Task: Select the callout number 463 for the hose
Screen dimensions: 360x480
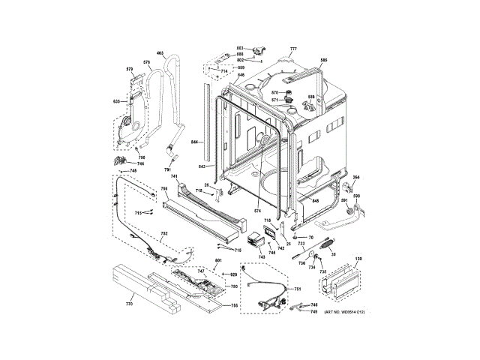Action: tap(160, 53)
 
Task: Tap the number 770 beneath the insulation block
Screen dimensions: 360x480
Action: tap(129, 304)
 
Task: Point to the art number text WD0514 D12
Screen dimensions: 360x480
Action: tap(344, 312)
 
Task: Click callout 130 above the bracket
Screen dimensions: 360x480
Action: tap(358, 259)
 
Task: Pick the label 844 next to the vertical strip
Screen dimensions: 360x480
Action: tap(193, 142)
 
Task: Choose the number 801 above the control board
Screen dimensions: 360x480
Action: tap(219, 259)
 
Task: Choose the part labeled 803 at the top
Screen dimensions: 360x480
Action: tap(262, 51)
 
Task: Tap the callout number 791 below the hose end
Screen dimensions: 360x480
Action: tap(168, 172)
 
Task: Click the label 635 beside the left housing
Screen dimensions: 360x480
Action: tap(116, 101)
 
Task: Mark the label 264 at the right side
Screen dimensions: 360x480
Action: tap(355, 178)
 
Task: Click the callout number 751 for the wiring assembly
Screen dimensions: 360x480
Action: tap(298, 289)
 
